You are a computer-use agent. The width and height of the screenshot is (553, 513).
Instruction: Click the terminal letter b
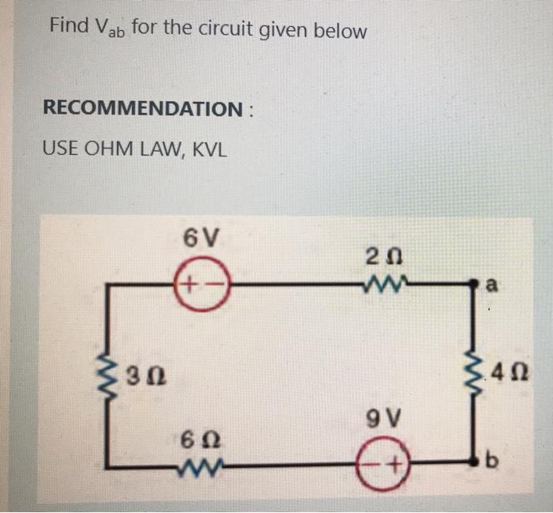coord(498,460)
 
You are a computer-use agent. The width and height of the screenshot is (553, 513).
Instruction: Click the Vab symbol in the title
coord(111,30)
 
